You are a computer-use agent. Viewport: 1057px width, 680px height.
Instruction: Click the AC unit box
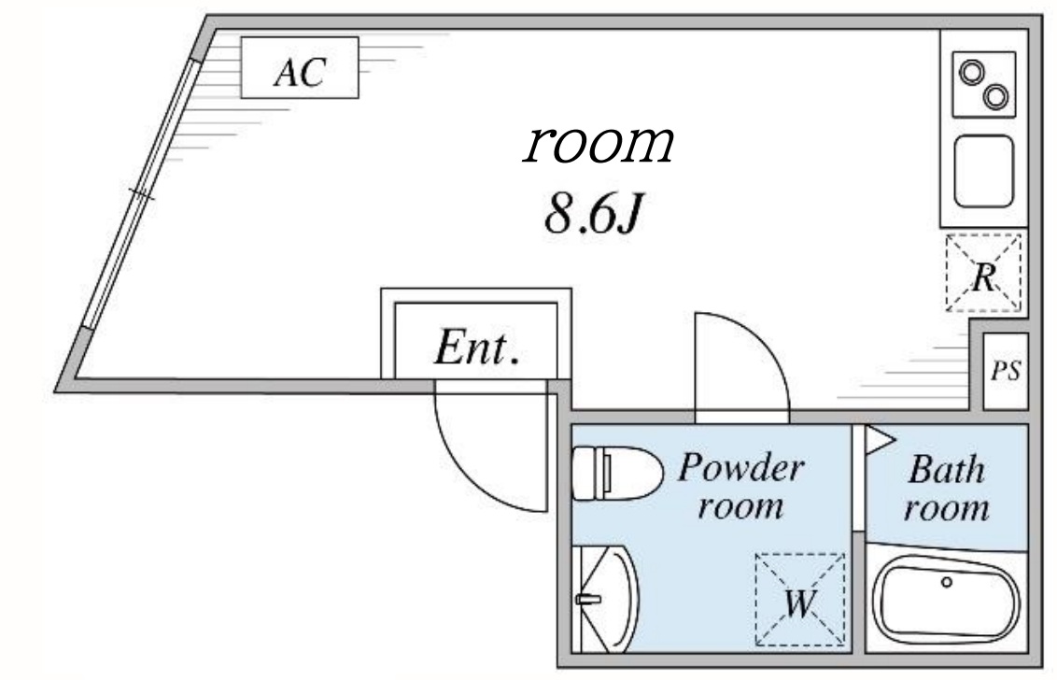[x=300, y=67]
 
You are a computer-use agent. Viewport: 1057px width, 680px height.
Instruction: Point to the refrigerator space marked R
[x=983, y=273]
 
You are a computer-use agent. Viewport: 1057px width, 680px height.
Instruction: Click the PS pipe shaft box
[x=1006, y=371]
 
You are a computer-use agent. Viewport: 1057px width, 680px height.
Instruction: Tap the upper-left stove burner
[x=972, y=72]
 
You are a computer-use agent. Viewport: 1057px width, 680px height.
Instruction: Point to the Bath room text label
[x=946, y=487]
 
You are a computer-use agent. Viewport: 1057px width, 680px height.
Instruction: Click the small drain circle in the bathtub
[x=946, y=582]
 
